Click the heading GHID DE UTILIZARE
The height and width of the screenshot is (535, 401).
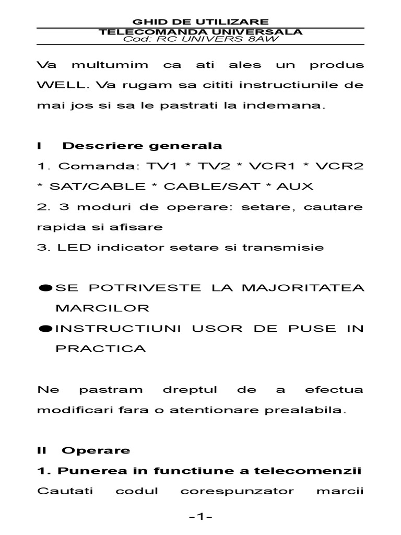[x=201, y=22]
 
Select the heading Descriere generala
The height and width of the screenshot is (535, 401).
[x=142, y=146]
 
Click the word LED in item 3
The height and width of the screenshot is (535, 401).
[x=70, y=248]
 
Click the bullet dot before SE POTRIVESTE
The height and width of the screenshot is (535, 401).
[x=45, y=288]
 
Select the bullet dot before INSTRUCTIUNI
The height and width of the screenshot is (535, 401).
[x=45, y=329]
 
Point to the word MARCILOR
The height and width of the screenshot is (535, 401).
[x=102, y=308]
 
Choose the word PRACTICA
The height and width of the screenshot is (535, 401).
[x=101, y=349]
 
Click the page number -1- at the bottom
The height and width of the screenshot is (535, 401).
[x=200, y=517]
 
